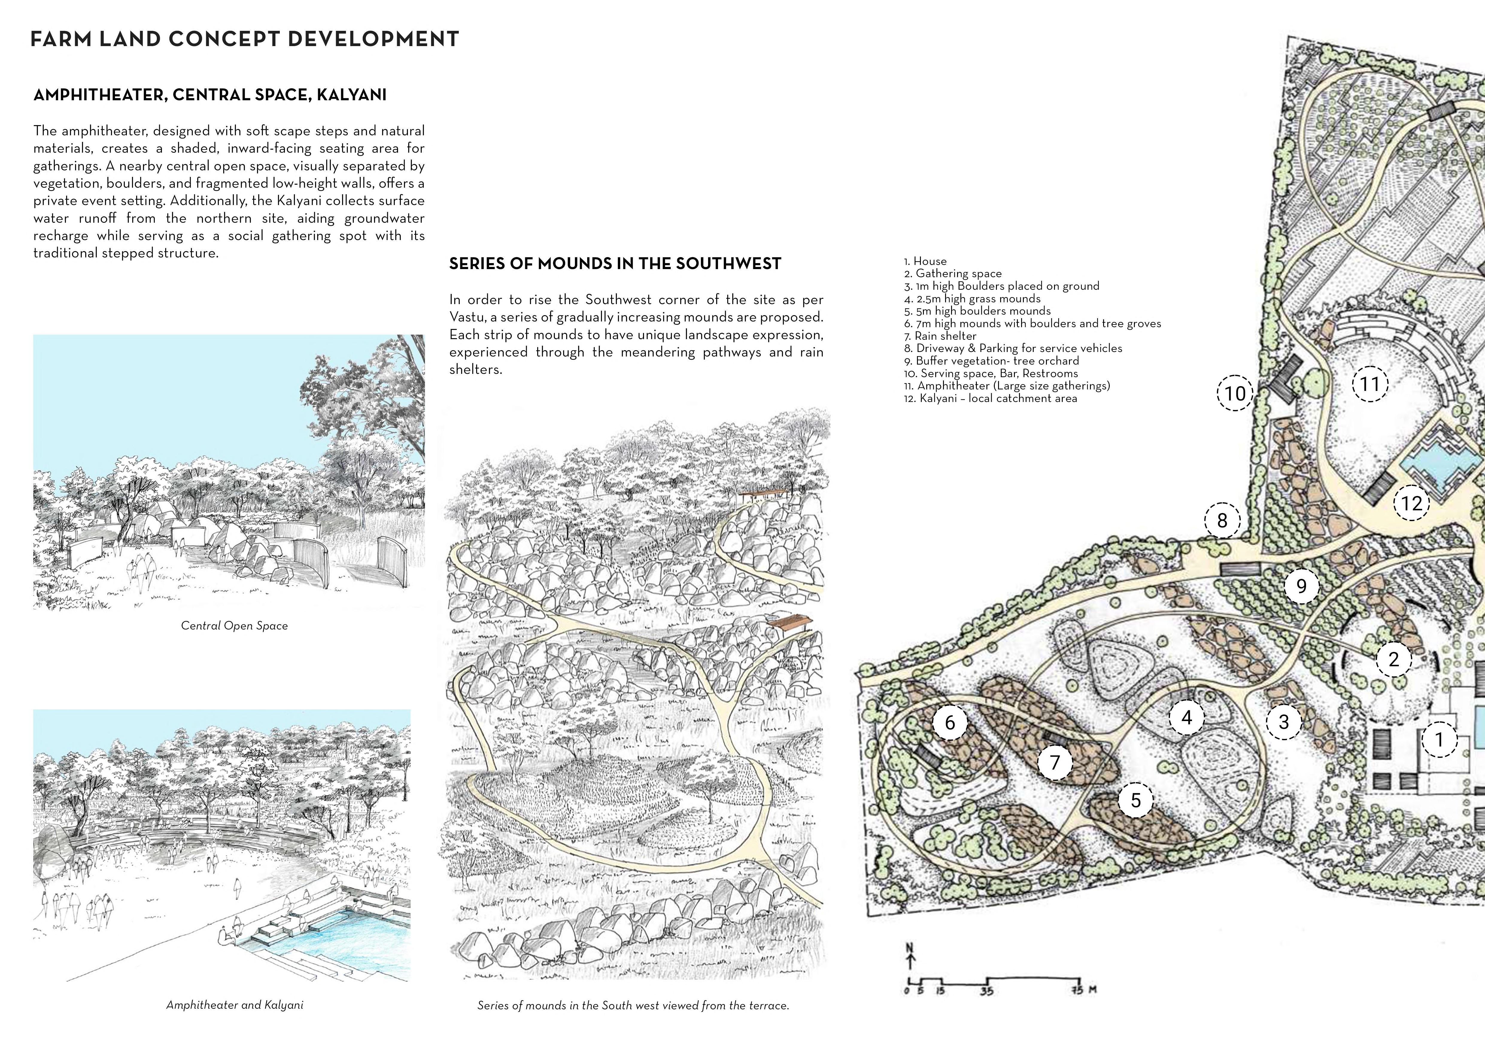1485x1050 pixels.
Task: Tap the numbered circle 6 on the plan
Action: pos(950,722)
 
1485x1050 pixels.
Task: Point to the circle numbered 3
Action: pos(1284,721)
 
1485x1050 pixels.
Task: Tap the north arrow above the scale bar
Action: pos(911,956)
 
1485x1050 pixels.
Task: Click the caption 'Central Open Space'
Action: pos(234,626)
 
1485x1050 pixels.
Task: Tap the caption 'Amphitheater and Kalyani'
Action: pos(234,1005)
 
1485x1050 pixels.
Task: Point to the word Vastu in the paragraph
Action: pos(469,317)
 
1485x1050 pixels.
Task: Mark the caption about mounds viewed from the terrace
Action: pos(633,1005)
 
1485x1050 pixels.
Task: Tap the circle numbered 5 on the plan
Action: pos(1136,800)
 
